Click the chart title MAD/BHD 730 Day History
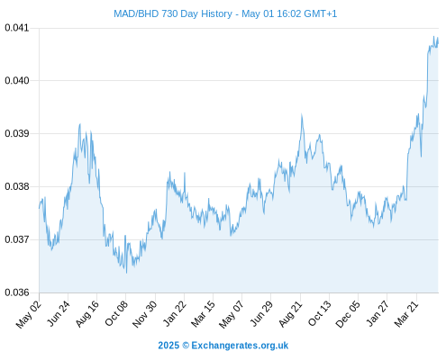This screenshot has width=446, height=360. point(173,13)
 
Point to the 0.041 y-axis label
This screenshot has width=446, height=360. point(17,28)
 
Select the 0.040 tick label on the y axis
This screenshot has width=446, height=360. point(17,81)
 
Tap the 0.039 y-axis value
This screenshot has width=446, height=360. point(17,133)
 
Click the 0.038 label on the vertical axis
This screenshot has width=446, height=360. point(17,186)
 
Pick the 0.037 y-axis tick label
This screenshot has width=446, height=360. point(17,239)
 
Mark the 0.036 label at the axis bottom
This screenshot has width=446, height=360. point(17,292)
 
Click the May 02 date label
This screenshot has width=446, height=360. point(29,314)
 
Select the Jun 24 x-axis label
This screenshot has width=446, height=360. point(59,313)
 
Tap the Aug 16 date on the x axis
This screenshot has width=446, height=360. point(87,313)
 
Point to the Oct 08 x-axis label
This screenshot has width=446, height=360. point(116,313)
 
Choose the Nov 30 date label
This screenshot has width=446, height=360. point(145,314)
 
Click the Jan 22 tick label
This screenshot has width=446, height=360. point(175,313)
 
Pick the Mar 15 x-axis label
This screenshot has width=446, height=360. point(204,314)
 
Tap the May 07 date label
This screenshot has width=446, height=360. point(232,314)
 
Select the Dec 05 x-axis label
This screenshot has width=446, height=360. point(348,314)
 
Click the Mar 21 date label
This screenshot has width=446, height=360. point(406,314)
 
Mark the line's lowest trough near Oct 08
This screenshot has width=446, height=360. point(126,273)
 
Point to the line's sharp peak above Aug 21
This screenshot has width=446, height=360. point(302,114)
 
